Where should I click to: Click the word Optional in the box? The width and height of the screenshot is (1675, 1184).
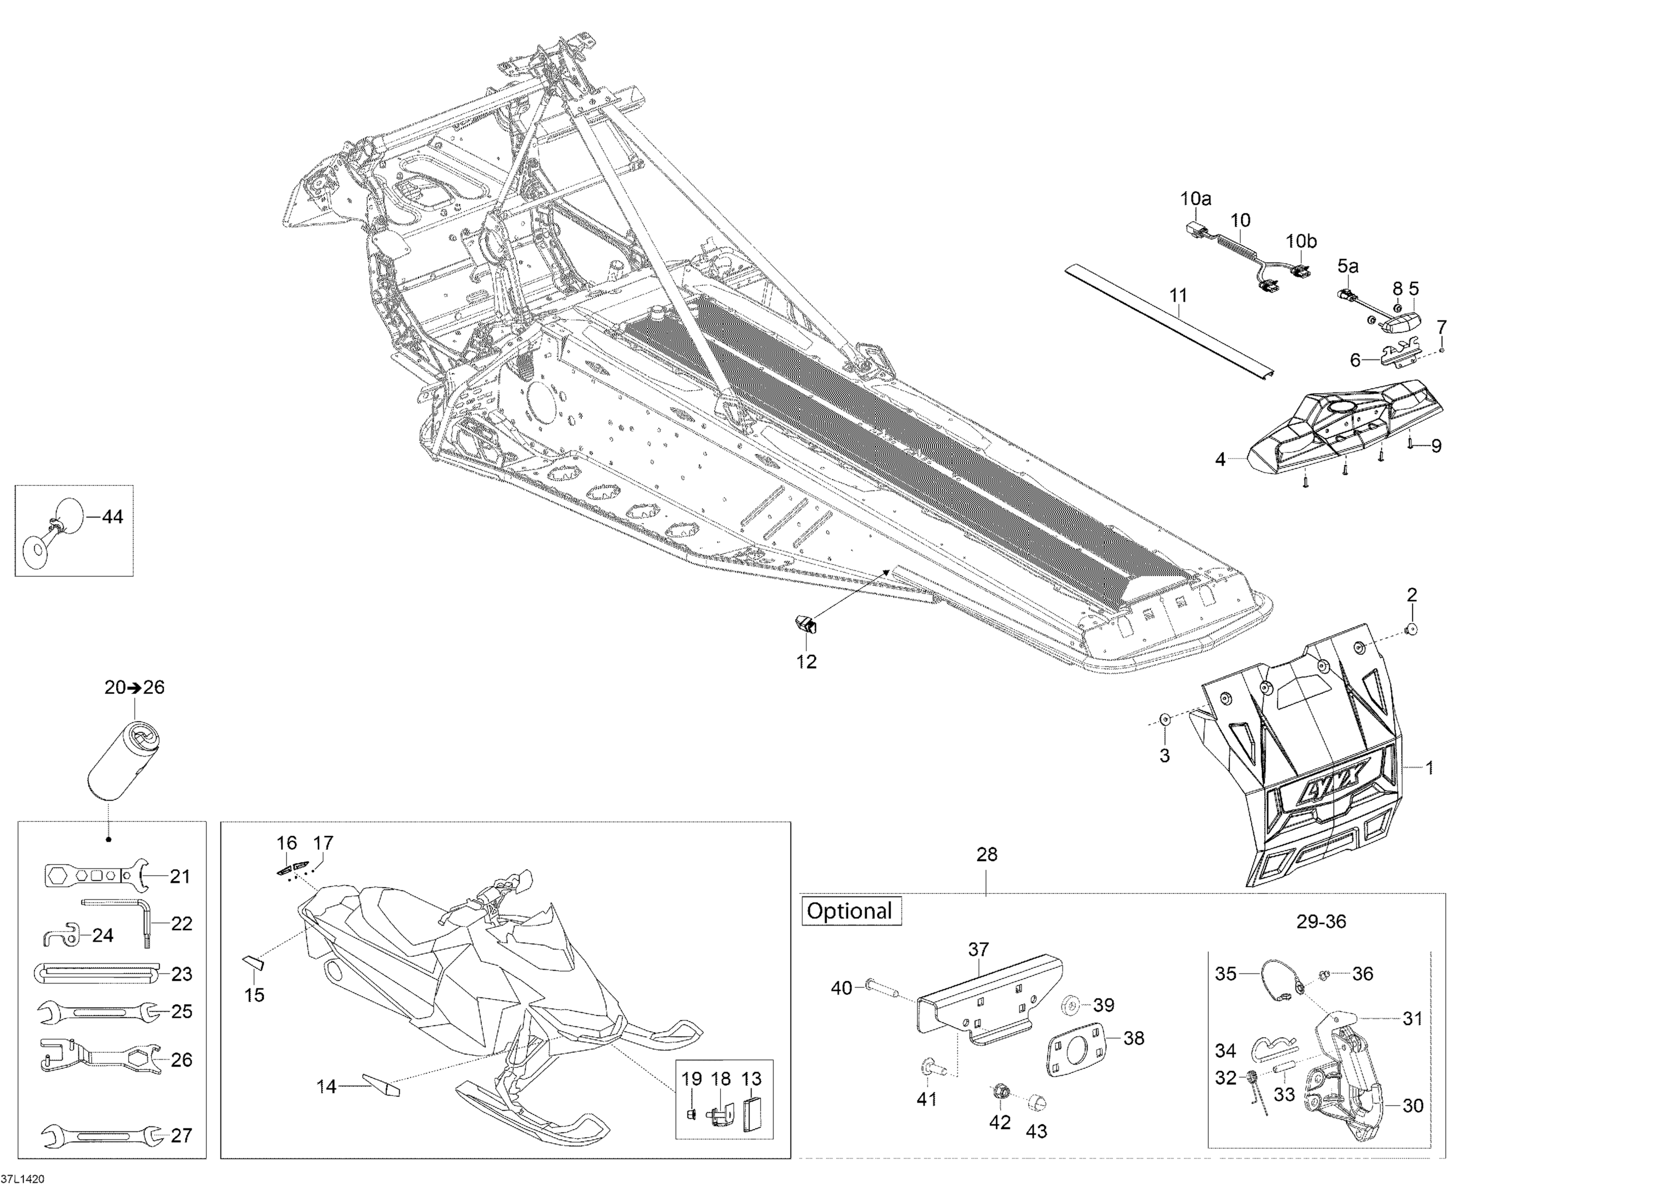(x=850, y=911)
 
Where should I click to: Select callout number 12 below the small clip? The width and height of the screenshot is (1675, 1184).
(x=806, y=661)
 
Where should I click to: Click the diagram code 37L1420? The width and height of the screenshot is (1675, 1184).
(x=23, y=1177)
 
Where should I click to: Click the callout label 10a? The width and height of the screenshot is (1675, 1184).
(x=1196, y=198)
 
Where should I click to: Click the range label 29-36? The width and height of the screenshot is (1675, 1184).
(x=1320, y=922)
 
